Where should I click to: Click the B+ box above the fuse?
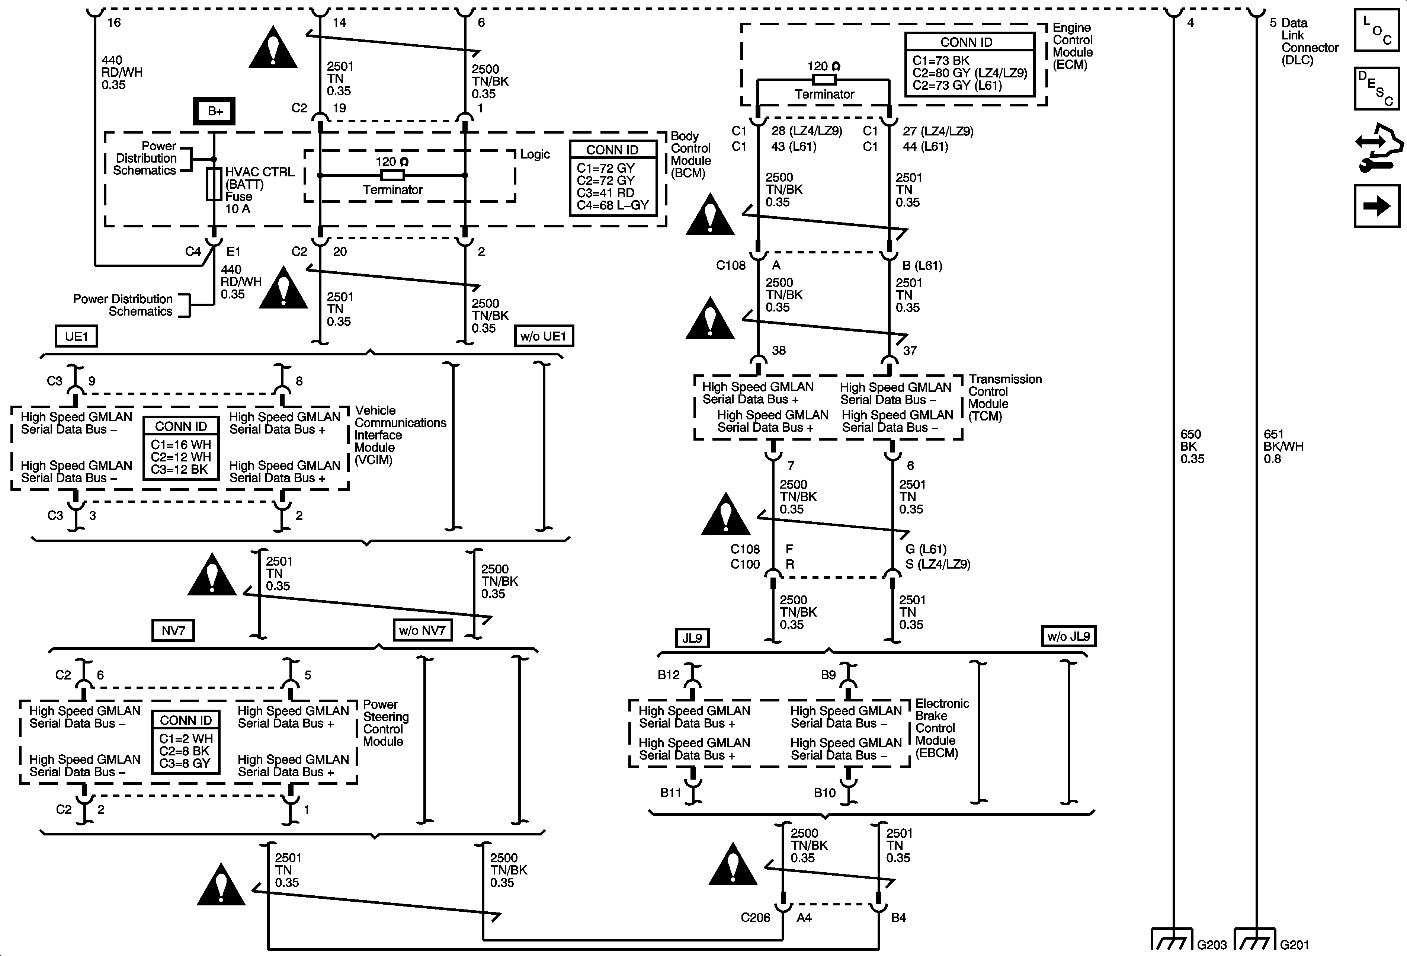pos(215,111)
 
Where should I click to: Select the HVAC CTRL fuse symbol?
pos(214,184)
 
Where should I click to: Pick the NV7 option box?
pos(173,631)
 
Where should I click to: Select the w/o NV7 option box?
pos(422,631)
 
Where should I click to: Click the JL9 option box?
pos(692,638)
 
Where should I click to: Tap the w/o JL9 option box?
pos(1068,636)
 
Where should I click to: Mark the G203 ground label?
pos(1211,944)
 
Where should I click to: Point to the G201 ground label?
pos(1294,944)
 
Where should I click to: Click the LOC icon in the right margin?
pos(1376,30)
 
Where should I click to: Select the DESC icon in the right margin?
pos(1376,89)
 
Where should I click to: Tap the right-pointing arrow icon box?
pos(1376,207)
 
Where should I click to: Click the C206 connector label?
pos(755,918)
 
